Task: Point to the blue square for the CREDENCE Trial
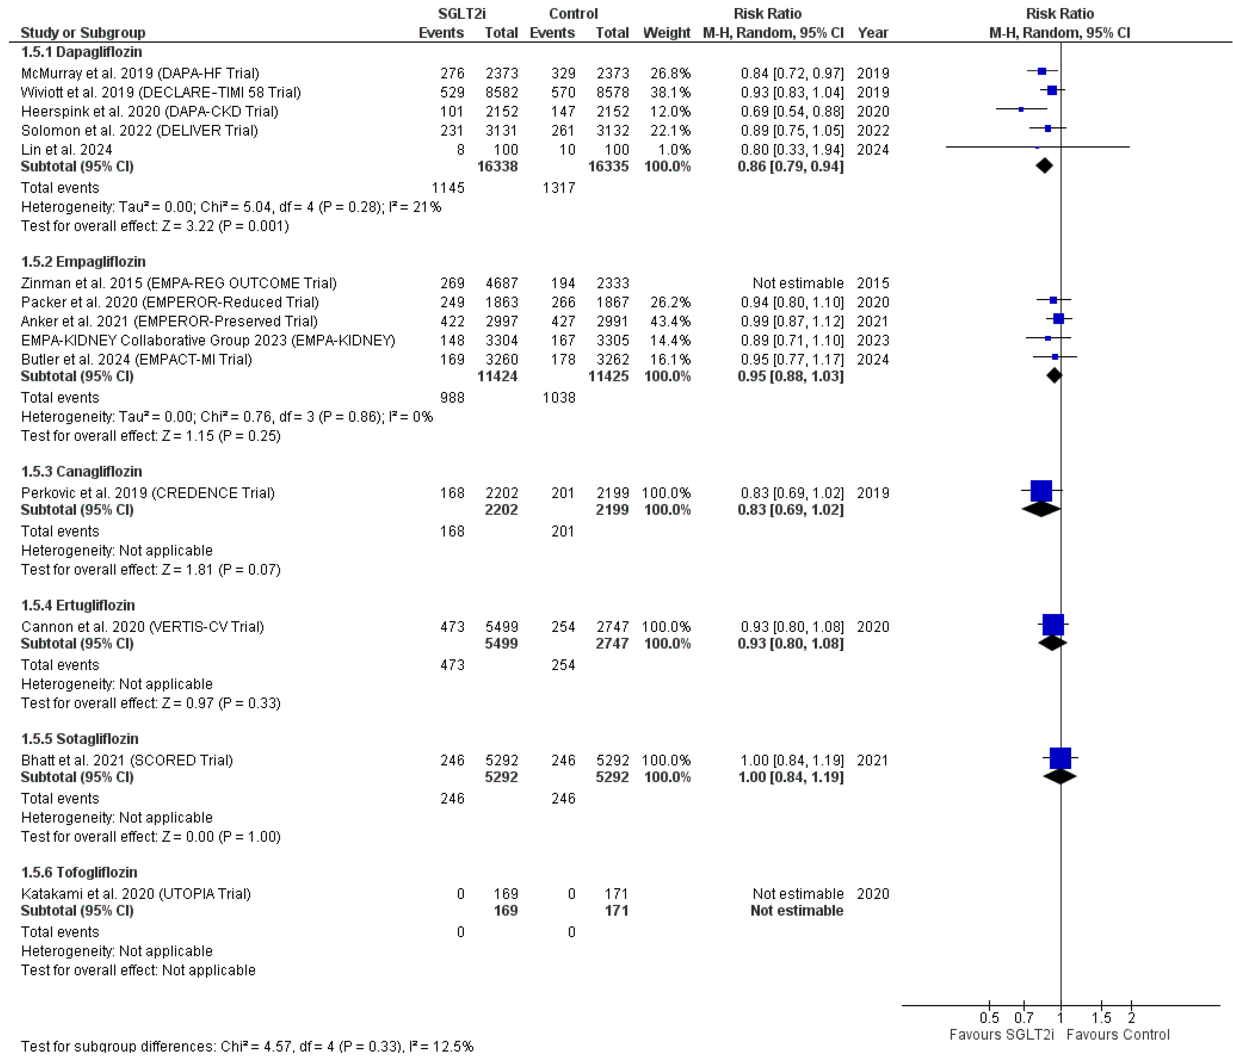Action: point(1041,491)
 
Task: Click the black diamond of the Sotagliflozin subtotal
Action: point(1060,777)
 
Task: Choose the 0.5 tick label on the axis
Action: point(989,1017)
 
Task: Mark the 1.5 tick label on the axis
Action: point(1101,1017)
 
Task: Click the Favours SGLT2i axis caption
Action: point(1002,1035)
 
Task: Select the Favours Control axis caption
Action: point(1117,1035)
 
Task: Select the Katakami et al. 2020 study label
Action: point(136,894)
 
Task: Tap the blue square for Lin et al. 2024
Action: point(1037,147)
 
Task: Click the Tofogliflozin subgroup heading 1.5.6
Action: point(79,873)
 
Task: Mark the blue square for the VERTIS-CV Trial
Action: point(1053,625)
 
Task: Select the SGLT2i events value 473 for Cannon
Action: point(452,627)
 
